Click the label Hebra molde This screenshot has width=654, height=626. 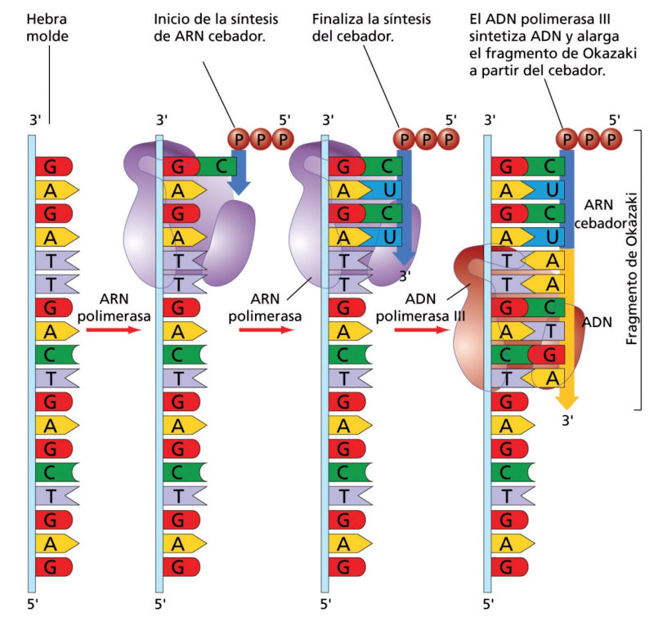tap(48, 26)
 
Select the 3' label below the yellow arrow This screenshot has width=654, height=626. tap(566, 422)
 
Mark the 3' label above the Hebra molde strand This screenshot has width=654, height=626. tap(34, 119)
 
